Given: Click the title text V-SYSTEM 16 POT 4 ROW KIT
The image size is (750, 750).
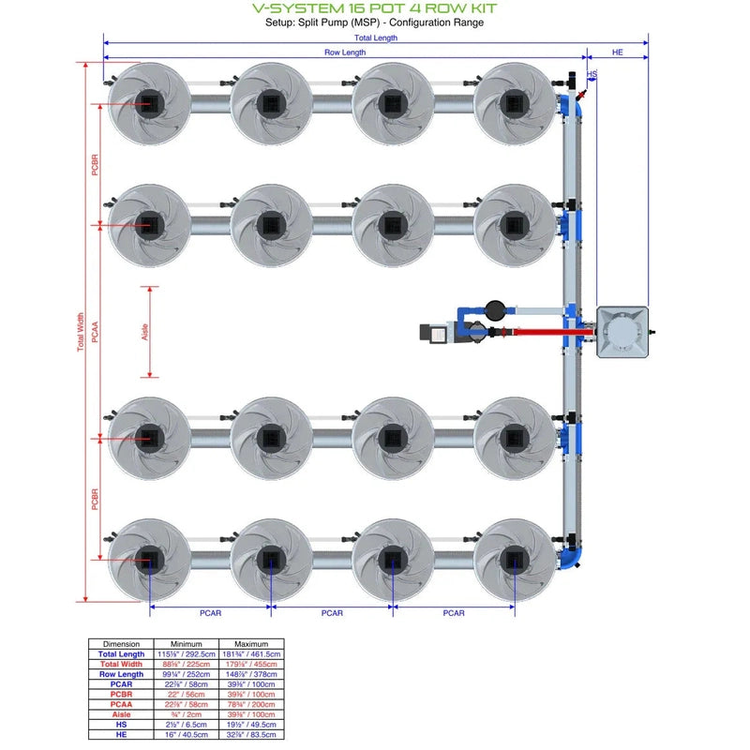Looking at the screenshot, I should tap(375, 8).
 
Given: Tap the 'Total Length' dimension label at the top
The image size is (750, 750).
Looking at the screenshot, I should tap(375, 37).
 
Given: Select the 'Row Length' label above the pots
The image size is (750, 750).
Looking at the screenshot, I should tap(345, 52).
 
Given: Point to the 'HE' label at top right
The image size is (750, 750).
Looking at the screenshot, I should tap(617, 52).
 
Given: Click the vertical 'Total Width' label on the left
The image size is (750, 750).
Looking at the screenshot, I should tap(81, 332).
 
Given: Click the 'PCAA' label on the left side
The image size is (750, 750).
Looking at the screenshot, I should tap(95, 332).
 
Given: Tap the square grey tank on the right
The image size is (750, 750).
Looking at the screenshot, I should tap(622, 331).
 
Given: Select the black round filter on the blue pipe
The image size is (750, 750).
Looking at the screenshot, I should tap(494, 307).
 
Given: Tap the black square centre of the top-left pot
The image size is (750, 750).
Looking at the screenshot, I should tap(147, 101).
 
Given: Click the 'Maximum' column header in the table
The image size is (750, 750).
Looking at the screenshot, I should tap(252, 644).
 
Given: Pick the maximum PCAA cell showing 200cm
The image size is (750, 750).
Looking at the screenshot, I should tap(252, 705).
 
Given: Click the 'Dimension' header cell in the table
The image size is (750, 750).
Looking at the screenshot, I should tap(122, 644).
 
